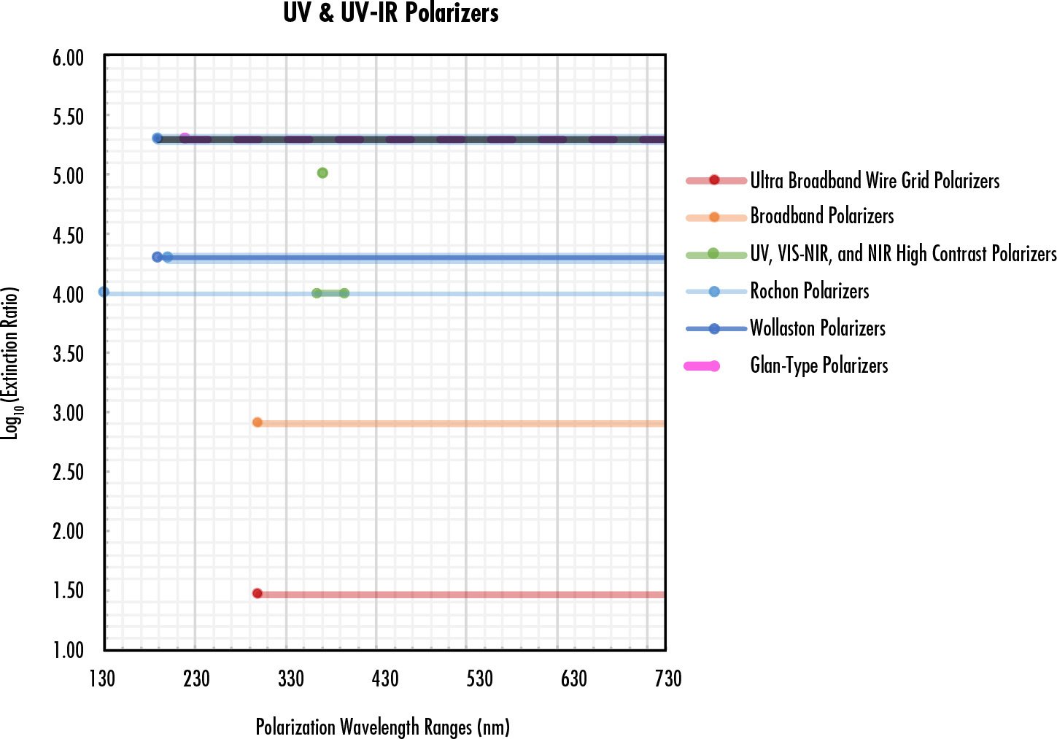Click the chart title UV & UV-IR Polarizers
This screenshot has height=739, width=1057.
pos(391,13)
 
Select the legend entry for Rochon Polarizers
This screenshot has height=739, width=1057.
pos(809,291)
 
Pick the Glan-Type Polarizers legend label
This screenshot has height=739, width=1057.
pos(818,365)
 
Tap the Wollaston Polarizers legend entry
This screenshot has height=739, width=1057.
pos(817,328)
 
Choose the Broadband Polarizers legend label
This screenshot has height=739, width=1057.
pos(821,217)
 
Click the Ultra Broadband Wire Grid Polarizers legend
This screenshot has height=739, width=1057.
pos(874,180)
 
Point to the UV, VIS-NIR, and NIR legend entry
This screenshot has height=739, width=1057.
pos(902,254)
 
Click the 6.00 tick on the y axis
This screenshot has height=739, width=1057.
pos(68,58)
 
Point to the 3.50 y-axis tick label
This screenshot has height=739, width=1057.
pos(68,354)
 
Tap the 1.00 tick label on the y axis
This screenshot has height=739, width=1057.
pos(68,649)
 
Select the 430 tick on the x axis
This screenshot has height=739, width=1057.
pos(385,679)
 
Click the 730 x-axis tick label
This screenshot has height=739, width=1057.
pos(668,679)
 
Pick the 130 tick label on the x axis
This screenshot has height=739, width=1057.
pos(102,679)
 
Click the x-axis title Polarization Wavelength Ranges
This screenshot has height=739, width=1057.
pos(382,727)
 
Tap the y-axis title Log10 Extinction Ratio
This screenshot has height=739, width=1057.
pos(11,363)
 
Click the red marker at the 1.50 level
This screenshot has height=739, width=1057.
pos(258,594)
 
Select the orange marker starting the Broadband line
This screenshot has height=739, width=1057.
pos(258,422)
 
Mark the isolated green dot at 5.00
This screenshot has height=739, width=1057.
pos(322,173)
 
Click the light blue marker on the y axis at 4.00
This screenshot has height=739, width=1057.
pos(104,292)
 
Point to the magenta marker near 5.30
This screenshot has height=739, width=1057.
pos(185,138)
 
